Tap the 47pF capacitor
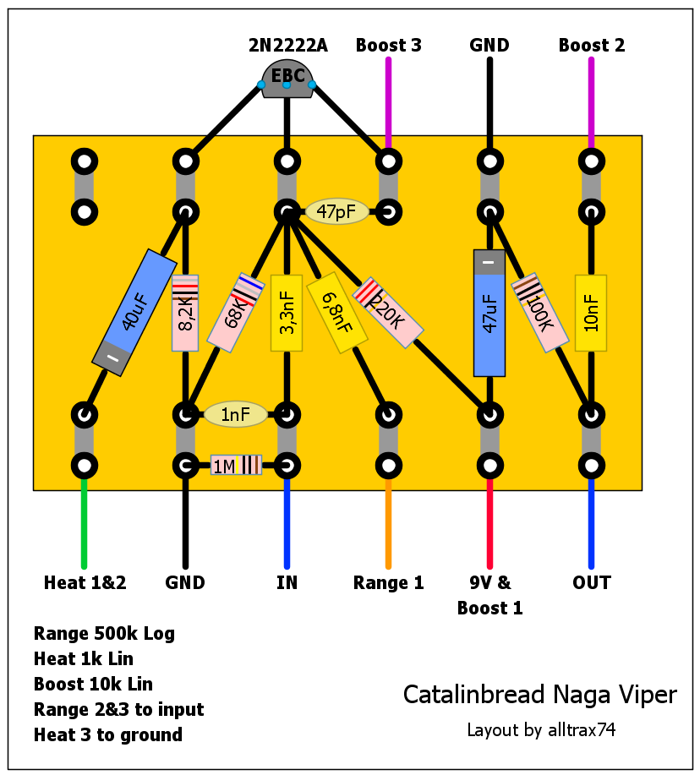336,211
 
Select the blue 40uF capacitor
134,312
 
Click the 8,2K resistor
185,313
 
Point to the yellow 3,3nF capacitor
287,313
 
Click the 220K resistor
388,312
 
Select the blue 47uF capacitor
489,313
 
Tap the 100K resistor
539,312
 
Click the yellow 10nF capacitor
591,313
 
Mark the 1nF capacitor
236,414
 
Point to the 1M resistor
236,465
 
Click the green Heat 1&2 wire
84,524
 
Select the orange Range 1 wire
388,524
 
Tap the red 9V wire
489,524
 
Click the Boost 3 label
388,46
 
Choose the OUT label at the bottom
591,582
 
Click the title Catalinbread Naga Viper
539,695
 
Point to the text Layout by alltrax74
541,729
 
